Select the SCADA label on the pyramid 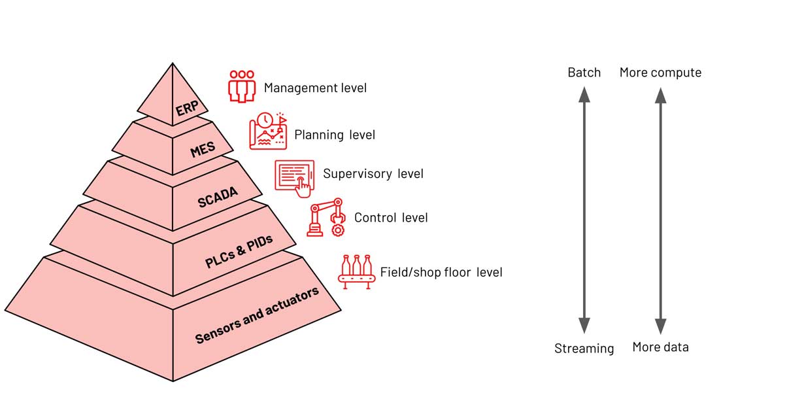click(218, 196)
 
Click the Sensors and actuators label click(258, 315)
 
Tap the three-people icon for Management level click(241, 86)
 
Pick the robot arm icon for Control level click(326, 218)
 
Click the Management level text click(315, 88)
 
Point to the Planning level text click(335, 135)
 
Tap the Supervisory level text click(373, 173)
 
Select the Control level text click(391, 217)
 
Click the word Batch click(584, 72)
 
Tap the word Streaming click(584, 349)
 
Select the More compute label click(660, 72)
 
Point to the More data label click(660, 347)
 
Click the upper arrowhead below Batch click(584, 95)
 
